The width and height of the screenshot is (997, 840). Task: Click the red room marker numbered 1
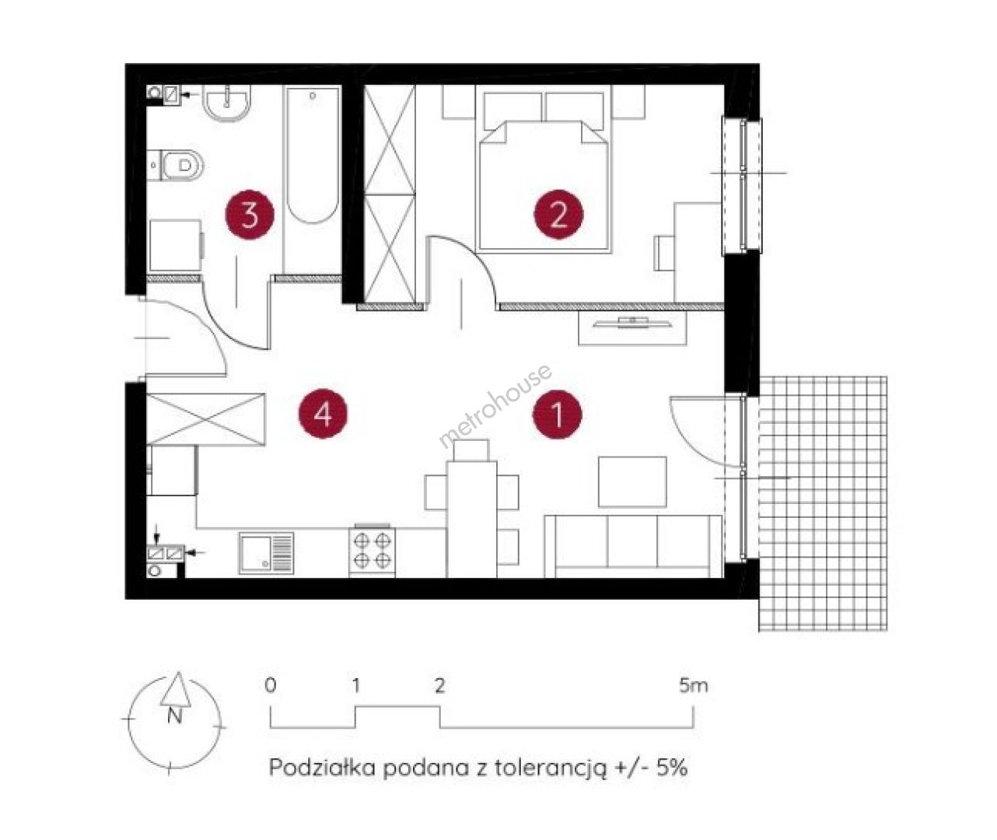(x=558, y=414)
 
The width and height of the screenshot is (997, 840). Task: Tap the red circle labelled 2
(x=558, y=214)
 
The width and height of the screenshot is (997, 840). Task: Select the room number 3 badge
(x=250, y=214)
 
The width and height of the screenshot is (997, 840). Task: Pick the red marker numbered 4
(x=323, y=414)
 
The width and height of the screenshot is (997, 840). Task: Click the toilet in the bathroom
(x=176, y=165)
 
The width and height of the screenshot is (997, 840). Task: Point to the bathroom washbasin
(x=227, y=103)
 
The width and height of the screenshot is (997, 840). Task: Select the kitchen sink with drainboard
(x=267, y=553)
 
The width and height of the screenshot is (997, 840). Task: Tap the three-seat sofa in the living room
(x=633, y=546)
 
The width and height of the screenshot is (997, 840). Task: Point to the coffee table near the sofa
(x=632, y=481)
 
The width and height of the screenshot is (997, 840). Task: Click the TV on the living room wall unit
(x=633, y=322)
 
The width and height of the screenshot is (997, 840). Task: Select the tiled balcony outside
(x=824, y=504)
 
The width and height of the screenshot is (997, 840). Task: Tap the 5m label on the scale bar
(x=694, y=686)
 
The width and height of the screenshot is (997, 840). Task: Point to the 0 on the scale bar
(x=271, y=686)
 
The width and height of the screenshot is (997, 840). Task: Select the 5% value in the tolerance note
(x=672, y=768)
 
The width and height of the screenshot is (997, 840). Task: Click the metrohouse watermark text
(x=495, y=407)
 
